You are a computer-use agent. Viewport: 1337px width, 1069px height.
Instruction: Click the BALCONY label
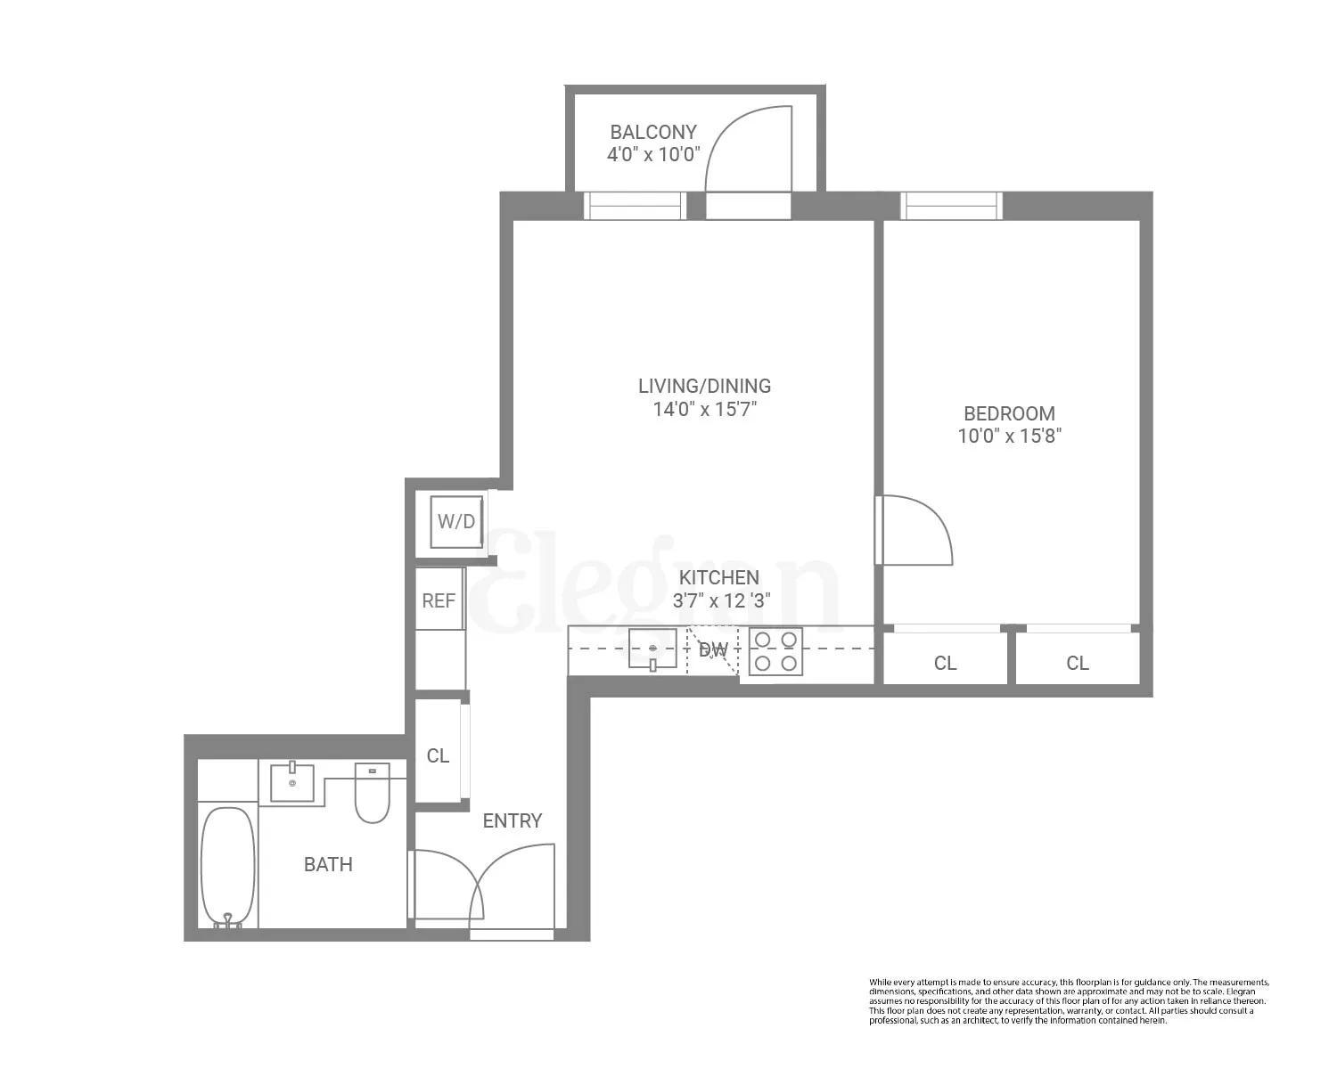[x=652, y=132]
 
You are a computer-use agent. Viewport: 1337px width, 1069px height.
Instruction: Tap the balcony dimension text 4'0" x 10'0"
[x=653, y=155]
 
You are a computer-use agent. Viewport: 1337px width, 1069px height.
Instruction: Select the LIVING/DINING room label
[x=704, y=386]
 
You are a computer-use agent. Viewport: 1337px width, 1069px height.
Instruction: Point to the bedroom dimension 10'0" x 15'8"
[x=1009, y=437]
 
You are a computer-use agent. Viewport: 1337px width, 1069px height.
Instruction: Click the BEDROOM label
[x=1009, y=413]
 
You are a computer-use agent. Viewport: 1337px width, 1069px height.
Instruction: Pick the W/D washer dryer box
[x=456, y=522]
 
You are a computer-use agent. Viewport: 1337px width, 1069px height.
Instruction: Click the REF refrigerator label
[x=439, y=601]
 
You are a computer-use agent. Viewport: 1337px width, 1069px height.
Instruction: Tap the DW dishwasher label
[x=713, y=650]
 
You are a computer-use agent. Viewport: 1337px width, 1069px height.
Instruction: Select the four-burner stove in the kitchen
[x=775, y=651]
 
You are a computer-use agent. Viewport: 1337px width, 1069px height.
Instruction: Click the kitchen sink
[x=652, y=649]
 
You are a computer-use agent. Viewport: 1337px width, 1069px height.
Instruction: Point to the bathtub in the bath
[x=227, y=868]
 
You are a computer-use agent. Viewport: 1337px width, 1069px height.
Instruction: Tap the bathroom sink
[x=292, y=782]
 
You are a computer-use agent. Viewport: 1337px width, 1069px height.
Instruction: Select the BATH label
[x=328, y=864]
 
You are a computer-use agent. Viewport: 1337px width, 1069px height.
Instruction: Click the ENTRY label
[x=512, y=821]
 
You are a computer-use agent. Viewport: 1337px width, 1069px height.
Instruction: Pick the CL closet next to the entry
[x=438, y=755]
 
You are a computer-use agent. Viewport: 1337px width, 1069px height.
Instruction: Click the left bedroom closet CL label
[x=945, y=664]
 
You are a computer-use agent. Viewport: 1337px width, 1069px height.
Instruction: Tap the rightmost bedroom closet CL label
[x=1077, y=664]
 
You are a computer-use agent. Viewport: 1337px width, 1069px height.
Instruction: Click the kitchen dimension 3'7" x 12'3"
[x=721, y=601]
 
